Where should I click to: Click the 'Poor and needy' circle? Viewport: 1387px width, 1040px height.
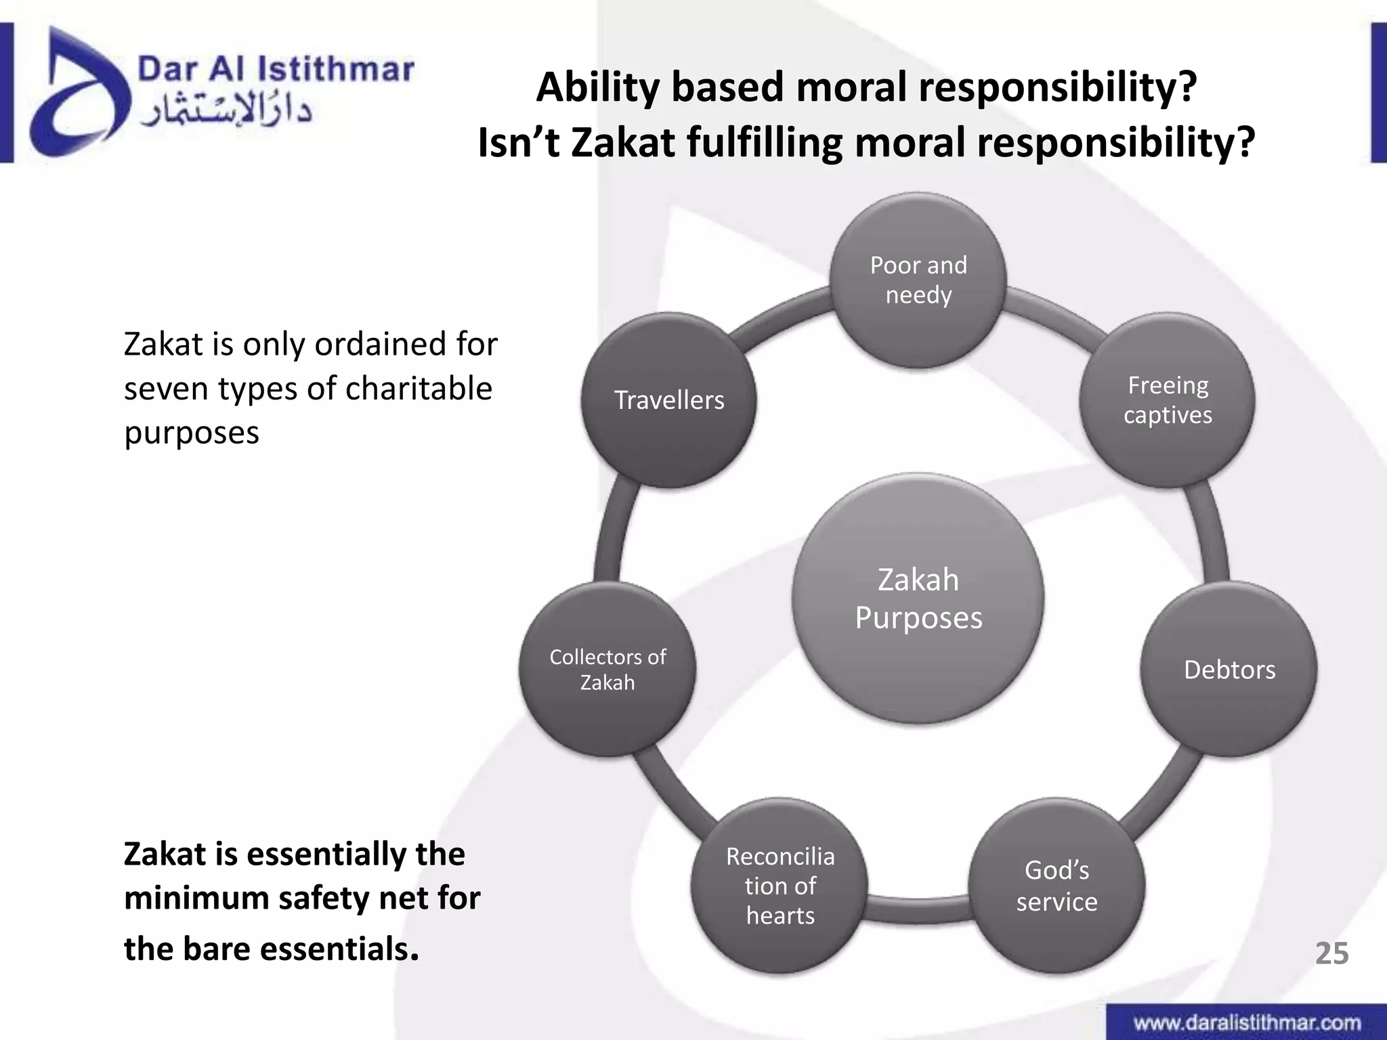coord(918,280)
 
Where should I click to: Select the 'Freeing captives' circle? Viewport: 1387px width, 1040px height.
coord(1167,400)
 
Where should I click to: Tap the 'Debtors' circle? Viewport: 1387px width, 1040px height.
coord(1229,670)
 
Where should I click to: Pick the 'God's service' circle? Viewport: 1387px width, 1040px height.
coord(1057,886)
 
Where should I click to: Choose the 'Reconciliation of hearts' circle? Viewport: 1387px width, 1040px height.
coord(780,886)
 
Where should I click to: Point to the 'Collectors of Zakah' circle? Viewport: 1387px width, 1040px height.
coord(607,670)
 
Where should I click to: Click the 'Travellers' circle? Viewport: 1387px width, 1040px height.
coord(669,400)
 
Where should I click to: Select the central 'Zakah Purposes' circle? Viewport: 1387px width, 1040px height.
coord(918,599)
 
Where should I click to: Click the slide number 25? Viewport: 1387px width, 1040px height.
coord(1331,953)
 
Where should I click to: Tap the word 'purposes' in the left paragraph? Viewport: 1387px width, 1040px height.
coord(192,433)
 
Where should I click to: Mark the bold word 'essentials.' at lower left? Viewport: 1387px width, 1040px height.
coord(339,949)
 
